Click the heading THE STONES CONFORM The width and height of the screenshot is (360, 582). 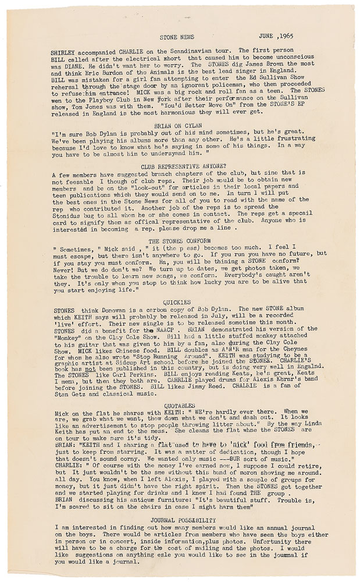pos(179,240)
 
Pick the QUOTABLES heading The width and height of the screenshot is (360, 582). pos(180,405)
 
